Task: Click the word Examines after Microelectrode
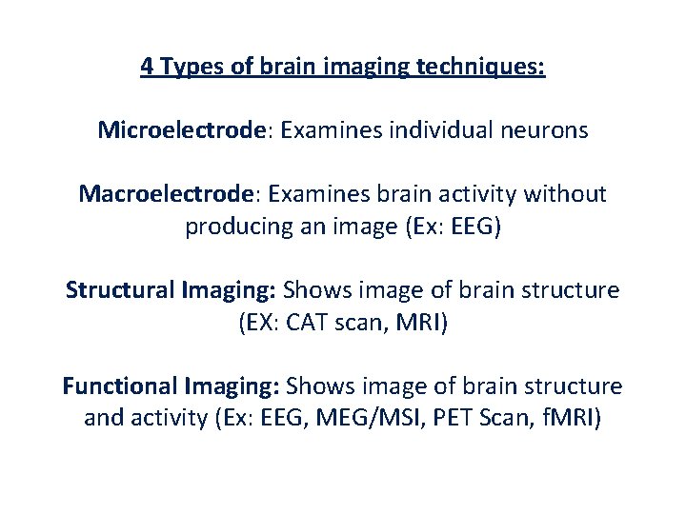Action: point(324,130)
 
